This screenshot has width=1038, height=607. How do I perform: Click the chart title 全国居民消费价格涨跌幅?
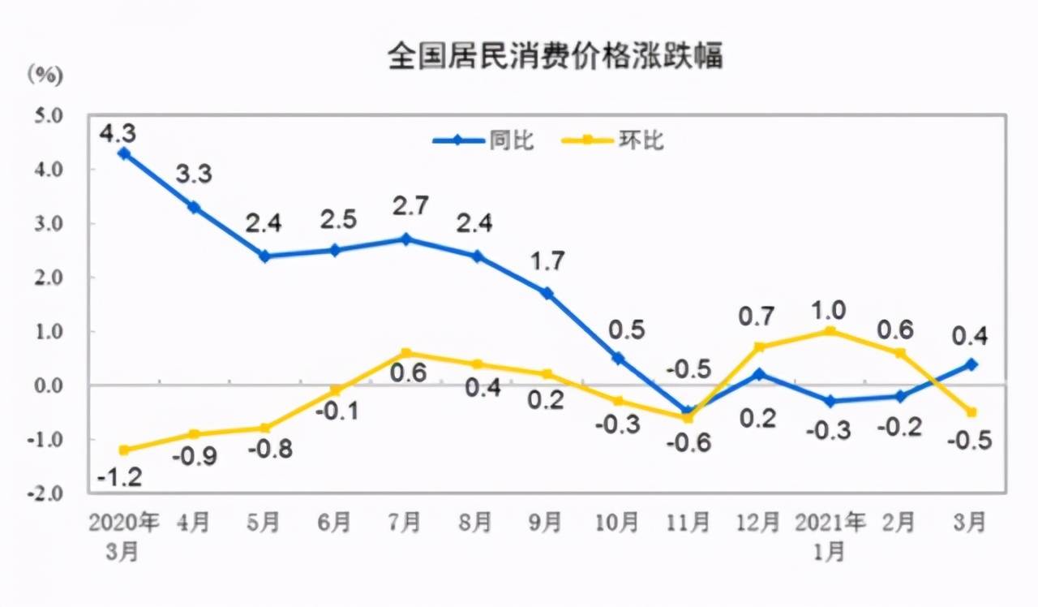[555, 57]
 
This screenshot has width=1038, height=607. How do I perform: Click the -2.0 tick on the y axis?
[46, 493]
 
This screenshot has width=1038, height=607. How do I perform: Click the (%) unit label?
[45, 75]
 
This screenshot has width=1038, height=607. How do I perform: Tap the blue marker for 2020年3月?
[124, 153]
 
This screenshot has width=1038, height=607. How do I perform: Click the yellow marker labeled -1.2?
[124, 450]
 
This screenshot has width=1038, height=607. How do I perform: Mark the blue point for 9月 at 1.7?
[547, 293]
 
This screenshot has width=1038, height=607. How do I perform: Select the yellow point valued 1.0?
[829, 331]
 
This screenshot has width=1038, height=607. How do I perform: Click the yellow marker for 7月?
[407, 353]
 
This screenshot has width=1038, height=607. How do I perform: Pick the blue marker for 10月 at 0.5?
[618, 358]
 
